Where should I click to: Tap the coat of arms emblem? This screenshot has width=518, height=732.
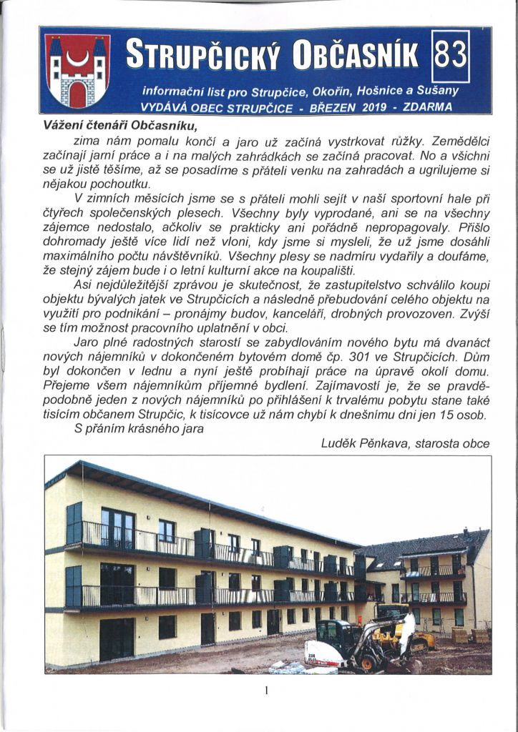tap(77, 71)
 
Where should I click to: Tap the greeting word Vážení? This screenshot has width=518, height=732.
tap(66, 124)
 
